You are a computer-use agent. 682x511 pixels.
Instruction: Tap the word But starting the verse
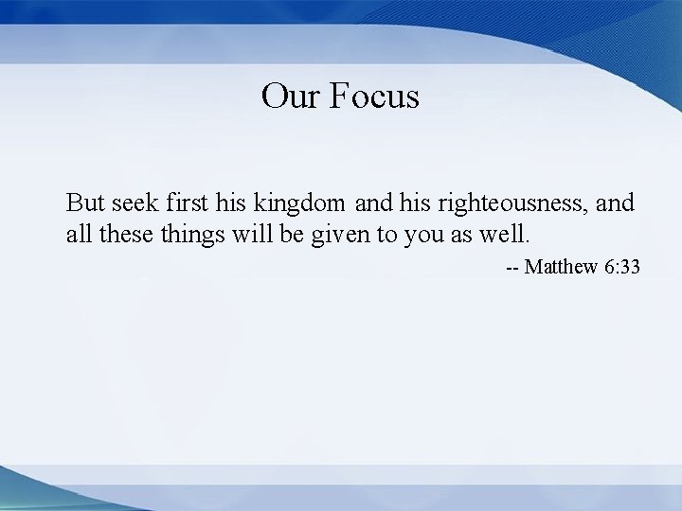click(86, 203)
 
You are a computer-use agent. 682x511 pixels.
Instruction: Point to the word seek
click(135, 203)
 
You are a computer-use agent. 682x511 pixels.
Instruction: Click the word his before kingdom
click(231, 203)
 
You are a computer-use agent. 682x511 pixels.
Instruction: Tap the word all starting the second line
click(78, 235)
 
